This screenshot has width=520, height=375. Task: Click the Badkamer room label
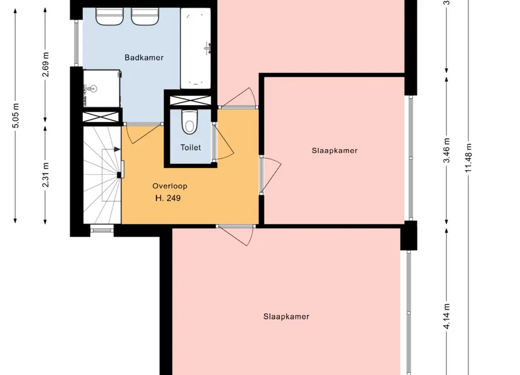[x=144, y=57]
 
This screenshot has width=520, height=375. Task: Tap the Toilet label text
[x=191, y=147]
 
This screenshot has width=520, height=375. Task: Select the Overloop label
[x=170, y=186]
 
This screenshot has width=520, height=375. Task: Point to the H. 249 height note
[x=168, y=198]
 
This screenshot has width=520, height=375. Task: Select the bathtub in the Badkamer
[x=196, y=49]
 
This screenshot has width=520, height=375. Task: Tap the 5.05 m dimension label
[x=15, y=115]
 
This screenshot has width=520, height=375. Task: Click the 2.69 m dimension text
[x=45, y=65]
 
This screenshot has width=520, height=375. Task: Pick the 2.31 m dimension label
[x=45, y=175]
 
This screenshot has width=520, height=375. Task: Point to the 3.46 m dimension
[x=447, y=150]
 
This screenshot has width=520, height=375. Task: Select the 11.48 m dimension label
[x=468, y=158]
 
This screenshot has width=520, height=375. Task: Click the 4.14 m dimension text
[x=447, y=316]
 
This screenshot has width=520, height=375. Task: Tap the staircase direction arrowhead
[x=118, y=150]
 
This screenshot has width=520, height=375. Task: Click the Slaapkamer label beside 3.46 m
[x=335, y=150]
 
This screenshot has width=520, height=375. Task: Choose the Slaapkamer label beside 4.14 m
[x=286, y=317]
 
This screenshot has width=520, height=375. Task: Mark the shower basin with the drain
[x=101, y=88]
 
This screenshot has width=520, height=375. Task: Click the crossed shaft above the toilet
[x=190, y=100]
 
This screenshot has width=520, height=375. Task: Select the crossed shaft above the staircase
[x=101, y=117]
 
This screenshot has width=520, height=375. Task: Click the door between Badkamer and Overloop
[x=143, y=133]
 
